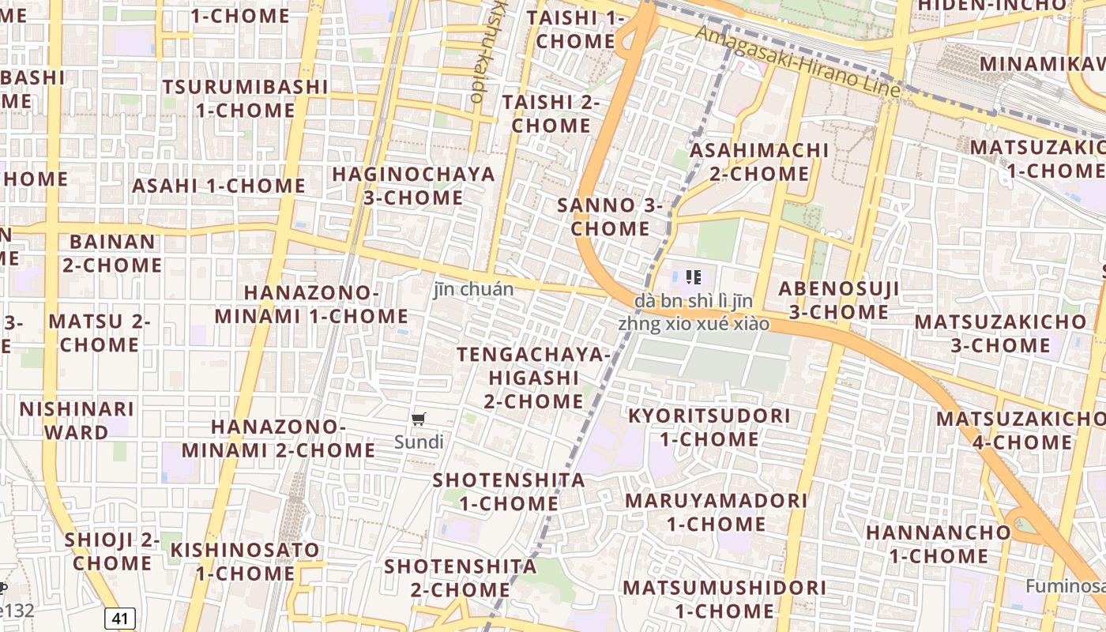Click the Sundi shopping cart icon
click(419, 419)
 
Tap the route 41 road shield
click(119, 618)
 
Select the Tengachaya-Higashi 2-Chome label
click(533, 378)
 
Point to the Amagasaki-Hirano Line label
click(797, 62)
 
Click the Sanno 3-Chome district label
click(610, 217)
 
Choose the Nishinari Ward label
click(77, 420)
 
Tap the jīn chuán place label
click(473, 289)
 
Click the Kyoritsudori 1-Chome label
click(709, 427)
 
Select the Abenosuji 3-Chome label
click(838, 300)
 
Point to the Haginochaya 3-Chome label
click(413, 186)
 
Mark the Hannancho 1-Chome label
click(938, 544)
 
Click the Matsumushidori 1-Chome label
click(724, 599)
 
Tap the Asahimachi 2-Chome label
click(759, 162)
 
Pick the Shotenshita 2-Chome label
click(460, 577)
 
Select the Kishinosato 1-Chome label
click(245, 561)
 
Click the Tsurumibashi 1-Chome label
click(245, 98)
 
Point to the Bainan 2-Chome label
click(112, 253)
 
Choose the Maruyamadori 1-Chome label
click(716, 512)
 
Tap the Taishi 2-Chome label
click(551, 114)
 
